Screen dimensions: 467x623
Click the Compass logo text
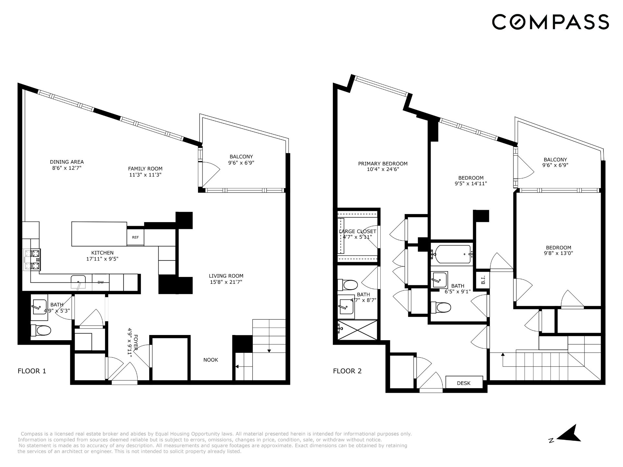coord(550,22)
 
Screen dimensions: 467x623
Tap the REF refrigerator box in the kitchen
coord(135,237)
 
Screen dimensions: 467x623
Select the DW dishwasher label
coord(101,282)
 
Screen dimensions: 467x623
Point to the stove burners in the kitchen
coord(35,259)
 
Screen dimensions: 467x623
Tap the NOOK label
coord(211,360)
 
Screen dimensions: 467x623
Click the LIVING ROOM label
coord(226,276)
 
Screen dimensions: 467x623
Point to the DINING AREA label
coord(67,162)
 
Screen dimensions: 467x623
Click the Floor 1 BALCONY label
coord(241,157)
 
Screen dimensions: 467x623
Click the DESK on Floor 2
coord(464,383)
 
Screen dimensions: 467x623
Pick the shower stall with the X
coord(357,330)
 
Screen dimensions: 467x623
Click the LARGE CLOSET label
coord(357,231)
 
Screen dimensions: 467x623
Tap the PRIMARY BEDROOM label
coord(383,164)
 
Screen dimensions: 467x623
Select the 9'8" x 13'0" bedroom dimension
coord(558,253)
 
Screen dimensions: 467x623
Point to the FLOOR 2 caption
coord(347,371)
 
